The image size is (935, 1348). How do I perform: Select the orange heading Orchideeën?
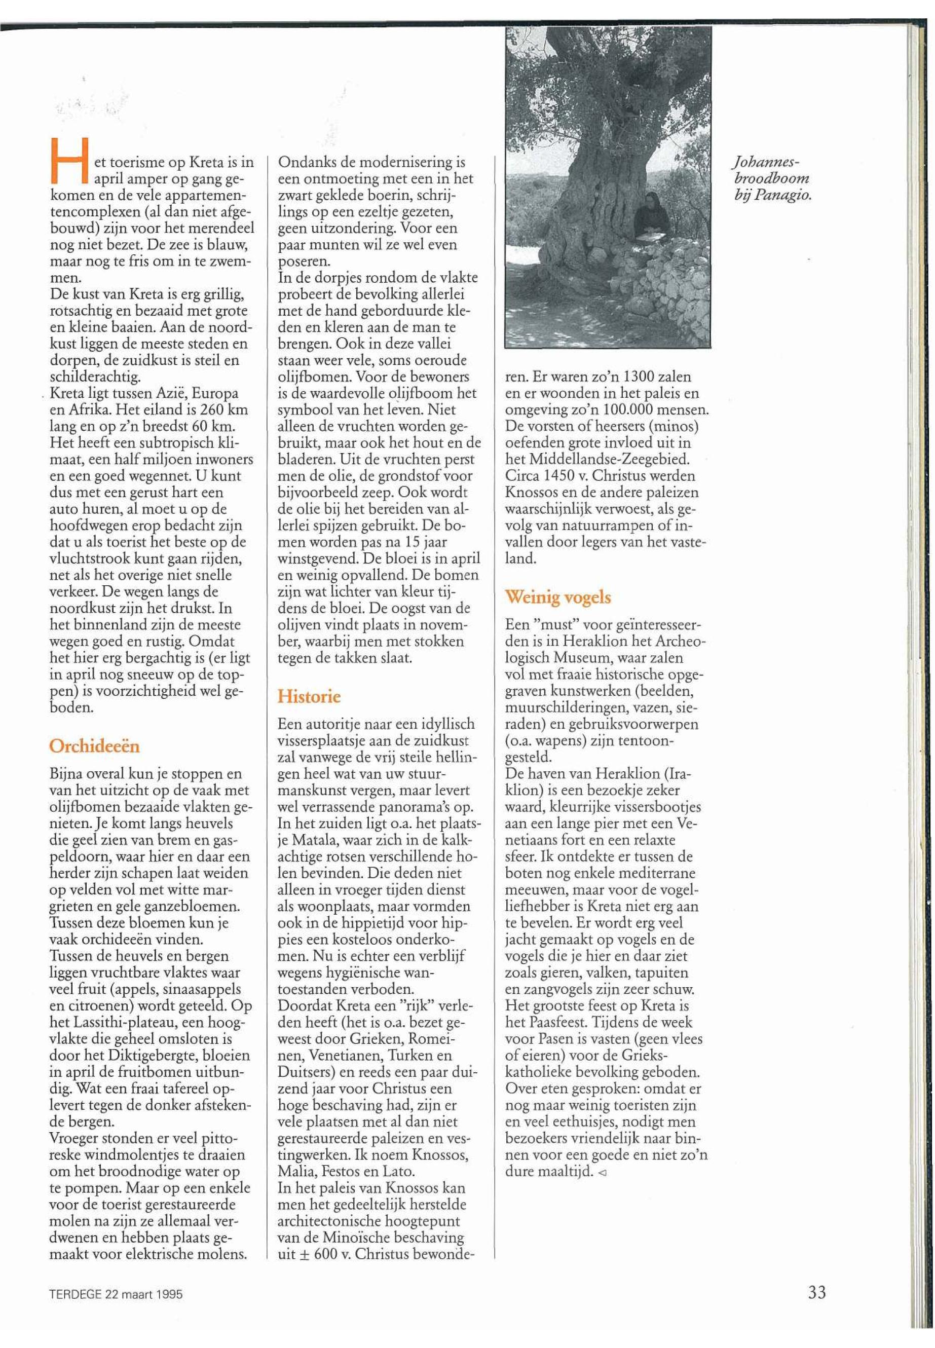pyautogui.click(x=94, y=746)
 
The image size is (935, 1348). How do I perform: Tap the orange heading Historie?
pyautogui.click(x=309, y=697)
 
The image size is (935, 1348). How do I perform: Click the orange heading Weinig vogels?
pyautogui.click(x=558, y=597)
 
